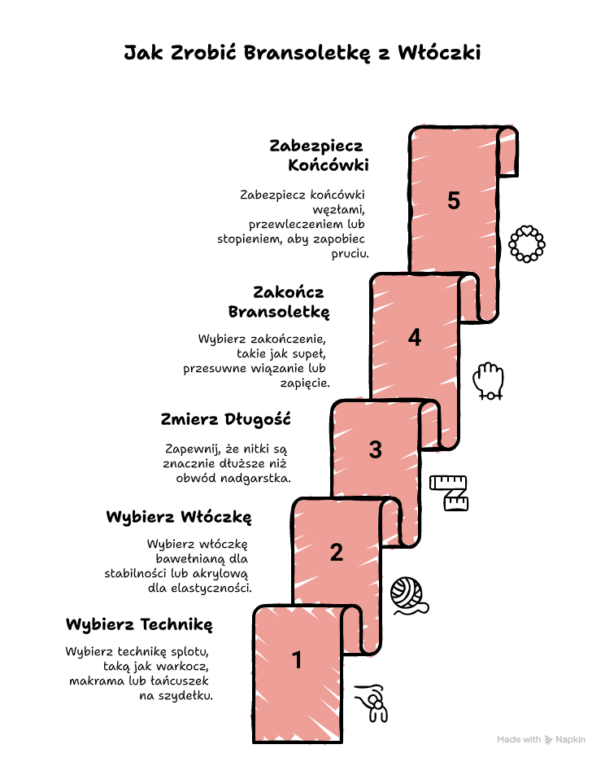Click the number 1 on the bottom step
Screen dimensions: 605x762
pyautogui.click(x=297, y=660)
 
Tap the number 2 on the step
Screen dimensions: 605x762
pyautogui.click(x=337, y=553)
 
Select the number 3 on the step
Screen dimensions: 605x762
pyautogui.click(x=376, y=449)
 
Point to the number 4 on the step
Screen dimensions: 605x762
pyautogui.click(x=414, y=337)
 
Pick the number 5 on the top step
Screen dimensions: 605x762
pyautogui.click(x=454, y=200)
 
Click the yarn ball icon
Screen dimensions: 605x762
pyautogui.click(x=409, y=596)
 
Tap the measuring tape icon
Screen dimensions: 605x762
pyautogui.click(x=449, y=493)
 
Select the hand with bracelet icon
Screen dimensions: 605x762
pyautogui.click(x=488, y=381)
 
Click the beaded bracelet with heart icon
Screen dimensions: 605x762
pyautogui.click(x=527, y=244)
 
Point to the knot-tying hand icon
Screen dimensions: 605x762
pyautogui.click(x=372, y=703)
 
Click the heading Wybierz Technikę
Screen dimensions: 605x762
pyautogui.click(x=139, y=624)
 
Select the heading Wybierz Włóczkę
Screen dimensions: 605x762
pyautogui.click(x=179, y=517)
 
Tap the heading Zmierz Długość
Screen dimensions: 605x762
pyautogui.click(x=226, y=419)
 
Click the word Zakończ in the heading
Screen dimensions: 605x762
pyautogui.click(x=289, y=292)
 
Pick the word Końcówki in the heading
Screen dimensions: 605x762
pyautogui.click(x=329, y=165)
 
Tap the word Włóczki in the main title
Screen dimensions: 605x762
pyautogui.click(x=439, y=52)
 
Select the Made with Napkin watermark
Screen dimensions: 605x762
pyautogui.click(x=541, y=740)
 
